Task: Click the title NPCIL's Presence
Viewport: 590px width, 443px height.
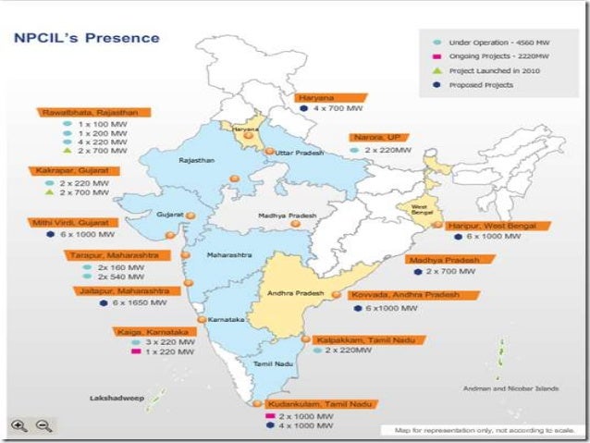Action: coord(85,39)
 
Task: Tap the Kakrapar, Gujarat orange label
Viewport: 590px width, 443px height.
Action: coord(68,171)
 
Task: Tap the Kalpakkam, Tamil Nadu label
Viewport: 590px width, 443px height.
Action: coord(357,339)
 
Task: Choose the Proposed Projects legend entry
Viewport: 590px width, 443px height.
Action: coord(482,84)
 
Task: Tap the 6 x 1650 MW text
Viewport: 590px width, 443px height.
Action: coord(138,302)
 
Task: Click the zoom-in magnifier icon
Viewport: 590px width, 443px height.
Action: coord(18,425)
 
